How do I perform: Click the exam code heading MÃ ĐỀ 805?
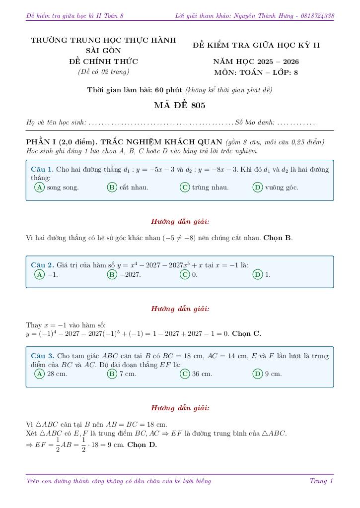tap(179, 105)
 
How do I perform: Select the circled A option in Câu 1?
tap(39, 188)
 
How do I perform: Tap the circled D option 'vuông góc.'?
tap(258, 188)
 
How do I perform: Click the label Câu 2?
tap(42, 265)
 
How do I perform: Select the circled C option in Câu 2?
tap(185, 274)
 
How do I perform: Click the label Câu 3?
tap(42, 356)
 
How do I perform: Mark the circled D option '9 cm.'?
tap(258, 374)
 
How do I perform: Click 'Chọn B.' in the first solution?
tap(278, 238)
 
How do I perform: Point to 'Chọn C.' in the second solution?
tap(246, 333)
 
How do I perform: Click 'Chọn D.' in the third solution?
tap(142, 444)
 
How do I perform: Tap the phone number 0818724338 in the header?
tap(318, 16)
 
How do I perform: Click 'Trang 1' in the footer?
tap(321, 481)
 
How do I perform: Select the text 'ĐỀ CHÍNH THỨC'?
tap(103, 62)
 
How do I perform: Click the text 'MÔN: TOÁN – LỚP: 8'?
tap(256, 72)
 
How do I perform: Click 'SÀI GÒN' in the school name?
tap(103, 51)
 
